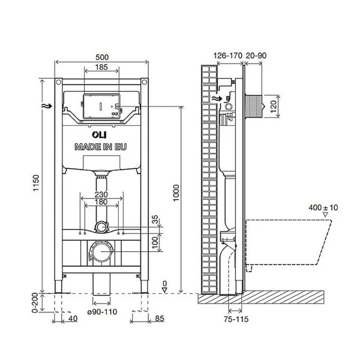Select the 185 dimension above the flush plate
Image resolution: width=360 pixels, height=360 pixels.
coord(101,68)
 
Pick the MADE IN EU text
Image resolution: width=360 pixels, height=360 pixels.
coord(101,146)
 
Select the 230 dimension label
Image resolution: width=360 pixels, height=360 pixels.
coord(101,194)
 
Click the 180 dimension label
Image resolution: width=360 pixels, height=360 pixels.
coord(101,203)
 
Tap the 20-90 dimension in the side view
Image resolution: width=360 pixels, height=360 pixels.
coord(257,56)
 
